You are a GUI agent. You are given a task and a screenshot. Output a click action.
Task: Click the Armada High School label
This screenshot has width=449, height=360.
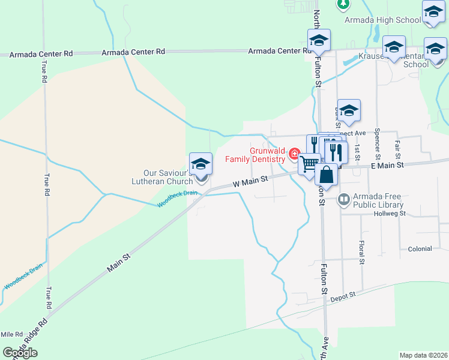[391, 20]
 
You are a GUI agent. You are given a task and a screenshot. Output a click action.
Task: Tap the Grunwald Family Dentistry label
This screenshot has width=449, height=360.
[255, 155]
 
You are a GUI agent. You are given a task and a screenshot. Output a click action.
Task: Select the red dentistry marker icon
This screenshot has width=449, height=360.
[294, 154]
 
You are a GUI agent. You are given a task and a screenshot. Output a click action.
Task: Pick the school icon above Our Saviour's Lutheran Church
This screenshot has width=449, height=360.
[200, 164]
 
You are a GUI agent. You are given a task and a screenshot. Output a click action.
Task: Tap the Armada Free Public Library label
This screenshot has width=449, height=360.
[377, 200]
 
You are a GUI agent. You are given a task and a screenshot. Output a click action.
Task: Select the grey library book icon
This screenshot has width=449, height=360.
[345, 199]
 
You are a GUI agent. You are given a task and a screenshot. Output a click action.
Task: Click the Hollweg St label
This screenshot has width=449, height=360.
[390, 214]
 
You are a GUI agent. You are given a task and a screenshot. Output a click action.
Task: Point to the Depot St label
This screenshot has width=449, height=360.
[343, 295]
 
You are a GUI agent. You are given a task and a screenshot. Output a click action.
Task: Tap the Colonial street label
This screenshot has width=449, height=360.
[420, 249]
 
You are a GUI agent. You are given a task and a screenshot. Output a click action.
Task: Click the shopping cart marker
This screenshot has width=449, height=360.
[309, 164]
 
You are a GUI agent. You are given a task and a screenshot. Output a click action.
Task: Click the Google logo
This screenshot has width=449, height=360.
[19, 353]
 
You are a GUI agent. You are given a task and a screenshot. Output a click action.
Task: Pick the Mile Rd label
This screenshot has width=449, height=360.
[11, 334]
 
